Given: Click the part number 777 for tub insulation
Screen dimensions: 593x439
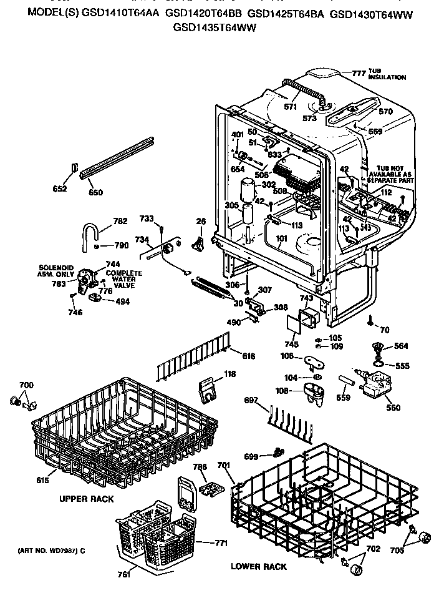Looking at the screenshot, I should pos(359,73).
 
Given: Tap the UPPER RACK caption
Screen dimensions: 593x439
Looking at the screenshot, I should pos(86,499).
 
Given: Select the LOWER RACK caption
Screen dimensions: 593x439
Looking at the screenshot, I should pos(259,566).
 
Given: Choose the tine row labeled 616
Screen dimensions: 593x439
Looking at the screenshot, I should pos(193,361).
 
